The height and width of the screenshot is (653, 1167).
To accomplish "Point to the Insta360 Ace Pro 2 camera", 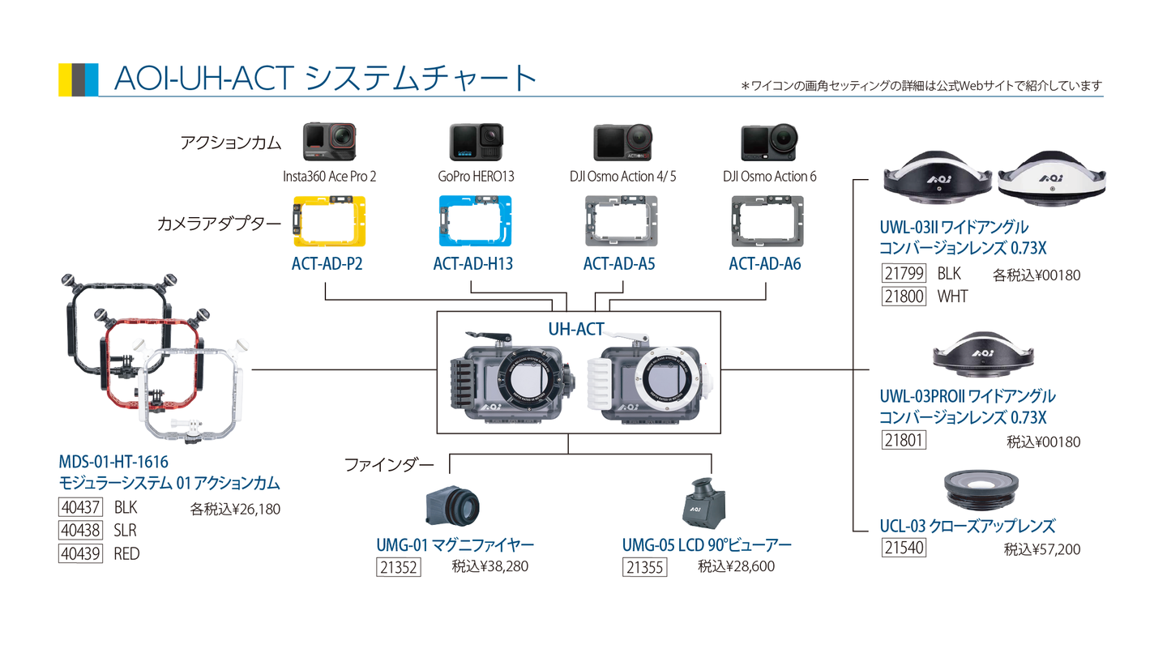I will [x=329, y=143].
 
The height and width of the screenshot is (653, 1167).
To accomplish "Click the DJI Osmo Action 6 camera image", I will [x=769, y=143].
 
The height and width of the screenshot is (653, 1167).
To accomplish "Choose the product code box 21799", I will [x=904, y=274].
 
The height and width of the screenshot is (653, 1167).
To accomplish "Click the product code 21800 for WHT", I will [x=904, y=297].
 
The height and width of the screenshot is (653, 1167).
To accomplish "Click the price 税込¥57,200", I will [x=1041, y=549].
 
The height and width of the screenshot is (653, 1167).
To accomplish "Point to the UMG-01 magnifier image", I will [x=453, y=506].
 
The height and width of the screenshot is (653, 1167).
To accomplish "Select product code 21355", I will [x=644, y=567].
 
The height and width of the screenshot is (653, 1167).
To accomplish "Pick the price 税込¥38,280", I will [x=489, y=566].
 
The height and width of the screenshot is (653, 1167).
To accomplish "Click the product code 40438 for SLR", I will [x=80, y=531].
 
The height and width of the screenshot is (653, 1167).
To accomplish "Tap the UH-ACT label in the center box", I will [x=575, y=329].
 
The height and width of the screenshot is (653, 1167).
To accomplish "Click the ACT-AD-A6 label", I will [x=764, y=264].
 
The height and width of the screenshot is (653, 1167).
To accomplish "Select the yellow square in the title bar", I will [x=65, y=79].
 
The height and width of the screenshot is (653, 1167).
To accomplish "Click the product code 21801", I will [x=904, y=441].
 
